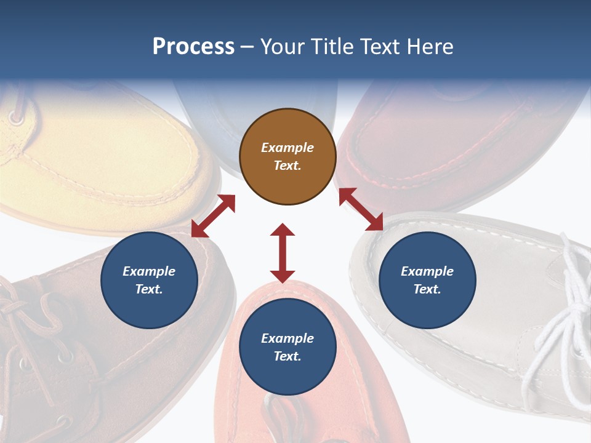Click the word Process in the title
(x=193, y=47)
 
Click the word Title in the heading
(x=333, y=47)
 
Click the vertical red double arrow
(x=283, y=253)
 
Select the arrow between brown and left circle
(x=213, y=216)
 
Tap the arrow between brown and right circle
(x=361, y=209)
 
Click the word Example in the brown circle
(x=287, y=148)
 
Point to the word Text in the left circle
(x=149, y=289)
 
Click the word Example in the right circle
(x=427, y=271)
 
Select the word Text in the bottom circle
(x=287, y=356)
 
